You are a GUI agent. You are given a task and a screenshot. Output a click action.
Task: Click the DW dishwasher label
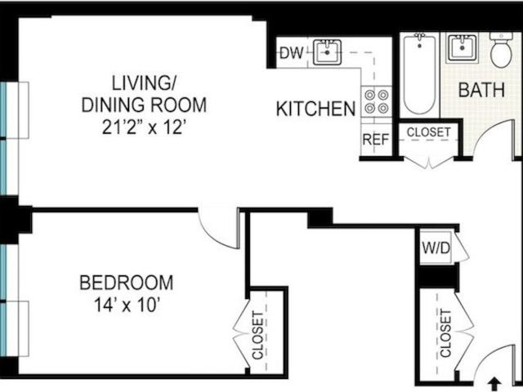tap(292, 52)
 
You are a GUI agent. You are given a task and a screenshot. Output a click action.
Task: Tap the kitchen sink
tap(327, 52)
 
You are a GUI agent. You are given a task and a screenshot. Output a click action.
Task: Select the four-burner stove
tap(376, 101)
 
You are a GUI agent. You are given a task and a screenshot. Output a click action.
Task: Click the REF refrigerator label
tap(376, 140)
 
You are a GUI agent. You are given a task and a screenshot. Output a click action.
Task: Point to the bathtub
tap(419, 73)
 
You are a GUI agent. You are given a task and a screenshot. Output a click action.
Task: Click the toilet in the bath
tap(501, 49)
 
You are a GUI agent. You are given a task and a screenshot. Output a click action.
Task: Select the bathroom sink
tap(463, 47)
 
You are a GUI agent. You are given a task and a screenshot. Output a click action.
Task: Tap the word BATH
tap(481, 90)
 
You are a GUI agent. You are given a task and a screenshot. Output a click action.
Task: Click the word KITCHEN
tap(316, 109)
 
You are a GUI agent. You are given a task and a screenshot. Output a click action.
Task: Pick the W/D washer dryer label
tap(436, 248)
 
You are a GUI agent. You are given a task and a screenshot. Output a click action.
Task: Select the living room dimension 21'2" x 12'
tap(144, 127)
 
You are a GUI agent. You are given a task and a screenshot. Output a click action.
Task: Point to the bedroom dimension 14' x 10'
tap(125, 305)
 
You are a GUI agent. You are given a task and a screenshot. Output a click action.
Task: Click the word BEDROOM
tap(127, 283)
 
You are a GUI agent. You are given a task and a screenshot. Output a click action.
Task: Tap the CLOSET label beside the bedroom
tap(258, 336)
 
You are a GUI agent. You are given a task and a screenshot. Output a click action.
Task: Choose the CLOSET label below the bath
tap(428, 132)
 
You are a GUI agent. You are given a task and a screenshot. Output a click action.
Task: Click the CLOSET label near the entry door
tap(445, 333)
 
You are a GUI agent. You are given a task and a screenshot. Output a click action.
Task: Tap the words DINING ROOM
tap(144, 105)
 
